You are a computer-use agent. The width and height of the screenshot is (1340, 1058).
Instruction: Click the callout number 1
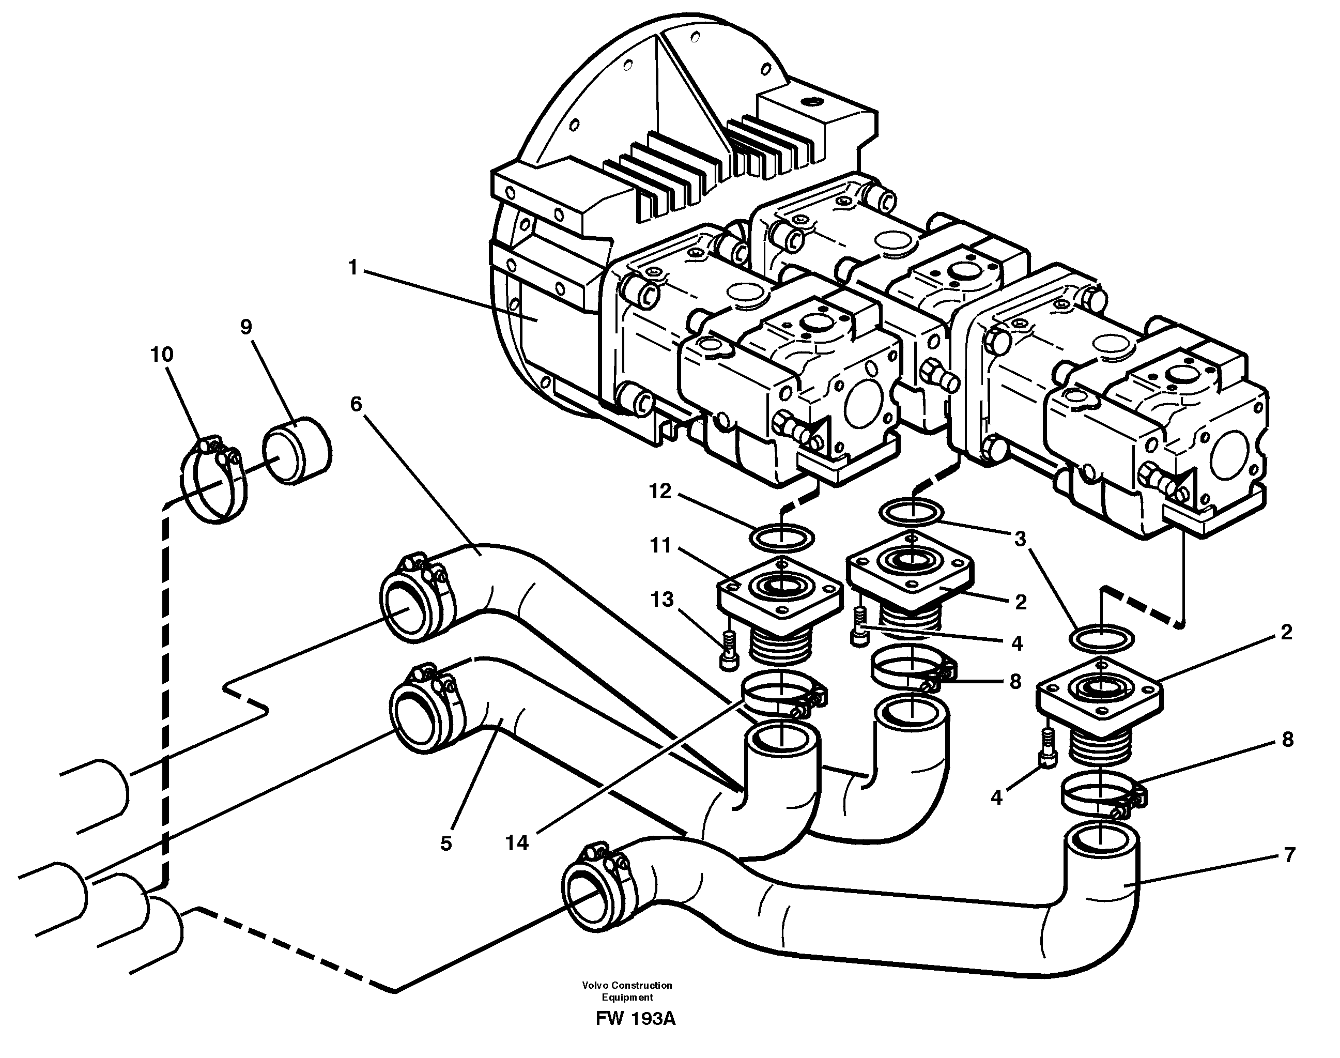[353, 268]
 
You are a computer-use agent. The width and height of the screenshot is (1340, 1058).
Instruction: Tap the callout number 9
[247, 327]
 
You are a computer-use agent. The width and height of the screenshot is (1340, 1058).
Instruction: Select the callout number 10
[162, 355]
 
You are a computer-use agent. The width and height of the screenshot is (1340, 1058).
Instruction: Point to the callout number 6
[356, 404]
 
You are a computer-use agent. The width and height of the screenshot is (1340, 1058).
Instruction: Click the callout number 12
[660, 491]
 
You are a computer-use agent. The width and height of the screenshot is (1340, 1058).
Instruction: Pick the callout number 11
[660, 546]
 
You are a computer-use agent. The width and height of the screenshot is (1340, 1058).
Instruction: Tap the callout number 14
[517, 842]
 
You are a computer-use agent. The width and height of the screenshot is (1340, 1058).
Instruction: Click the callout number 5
[446, 844]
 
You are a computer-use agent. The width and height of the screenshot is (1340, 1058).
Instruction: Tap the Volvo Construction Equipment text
[627, 991]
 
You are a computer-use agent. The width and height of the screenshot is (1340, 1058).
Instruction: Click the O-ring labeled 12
[782, 537]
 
